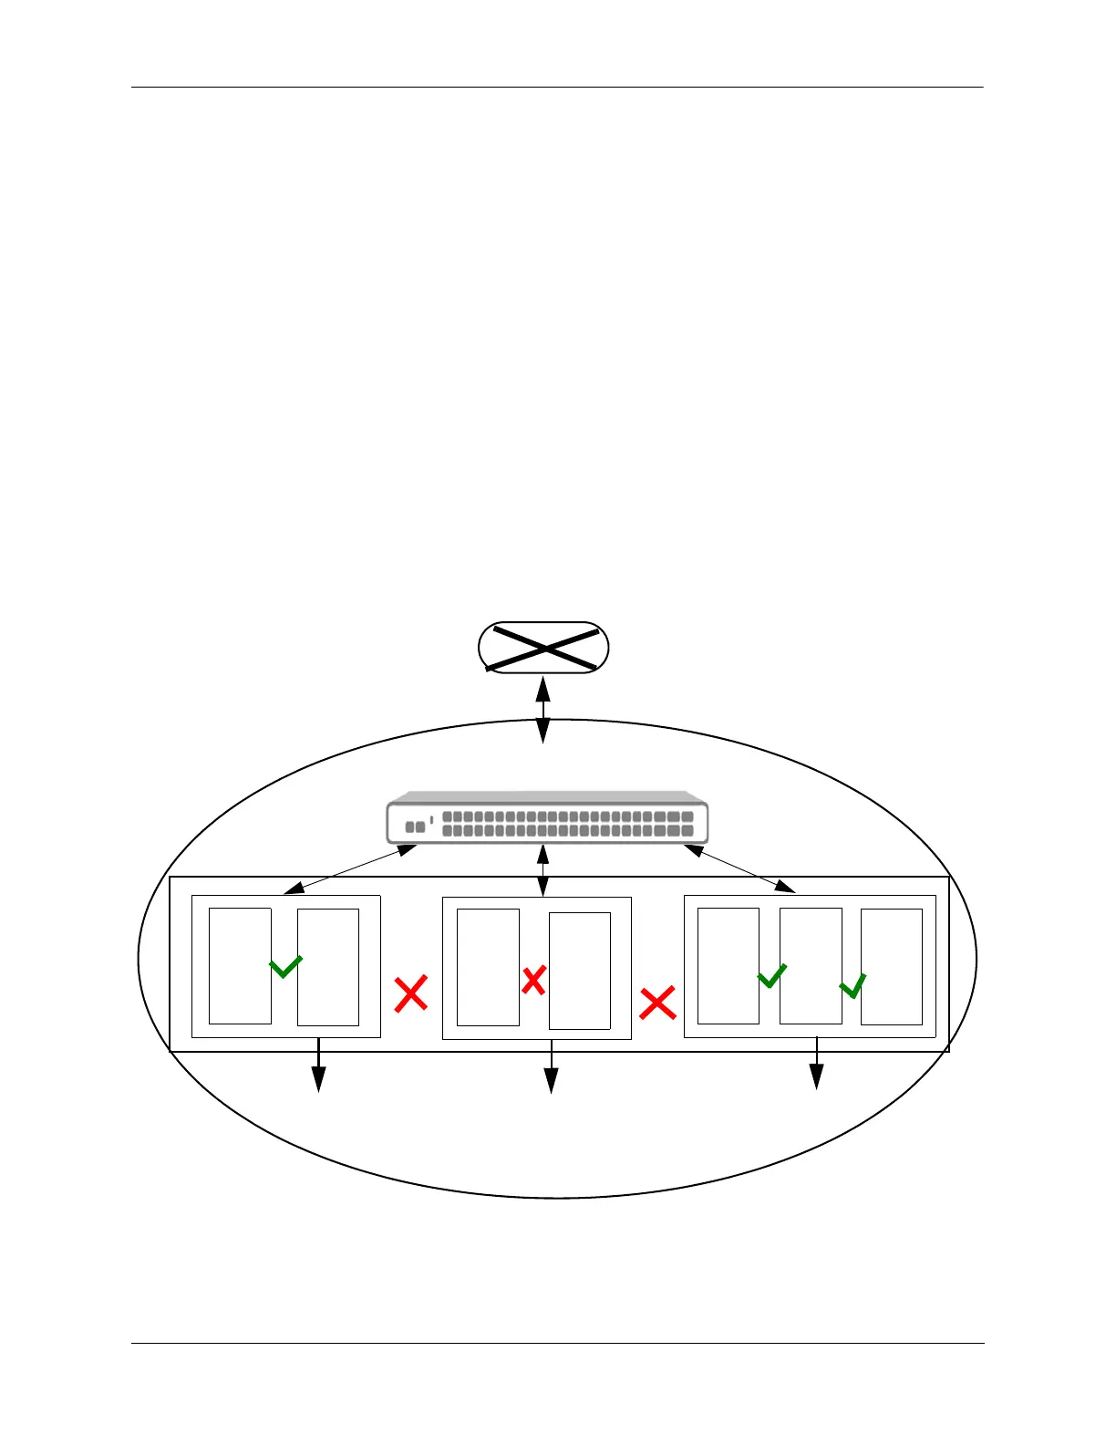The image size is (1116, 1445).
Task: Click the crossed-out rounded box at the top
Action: tap(543, 649)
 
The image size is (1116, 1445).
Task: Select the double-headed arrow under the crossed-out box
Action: tap(543, 710)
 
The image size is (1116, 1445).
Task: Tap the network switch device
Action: tap(547, 817)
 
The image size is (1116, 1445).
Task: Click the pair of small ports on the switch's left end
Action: tap(415, 826)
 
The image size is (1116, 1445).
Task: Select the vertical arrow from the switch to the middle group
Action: tap(543, 870)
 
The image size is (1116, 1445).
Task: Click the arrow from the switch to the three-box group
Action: tap(739, 868)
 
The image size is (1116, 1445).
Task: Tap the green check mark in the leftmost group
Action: tap(285, 966)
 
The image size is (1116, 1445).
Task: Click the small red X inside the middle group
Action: tap(533, 981)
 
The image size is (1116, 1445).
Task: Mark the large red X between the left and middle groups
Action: tap(411, 993)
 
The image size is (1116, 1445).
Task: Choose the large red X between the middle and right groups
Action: tap(657, 1003)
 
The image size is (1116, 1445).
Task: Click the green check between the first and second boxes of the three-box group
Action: tap(771, 975)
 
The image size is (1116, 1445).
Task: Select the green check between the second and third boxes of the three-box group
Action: tap(852, 986)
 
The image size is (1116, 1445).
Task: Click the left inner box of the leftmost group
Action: tap(240, 966)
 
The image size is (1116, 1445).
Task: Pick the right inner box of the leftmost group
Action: tap(328, 967)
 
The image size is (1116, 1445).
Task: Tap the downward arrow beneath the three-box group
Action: tap(817, 1065)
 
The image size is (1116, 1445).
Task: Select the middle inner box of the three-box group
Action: tap(811, 966)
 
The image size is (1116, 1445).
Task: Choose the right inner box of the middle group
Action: tap(580, 971)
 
